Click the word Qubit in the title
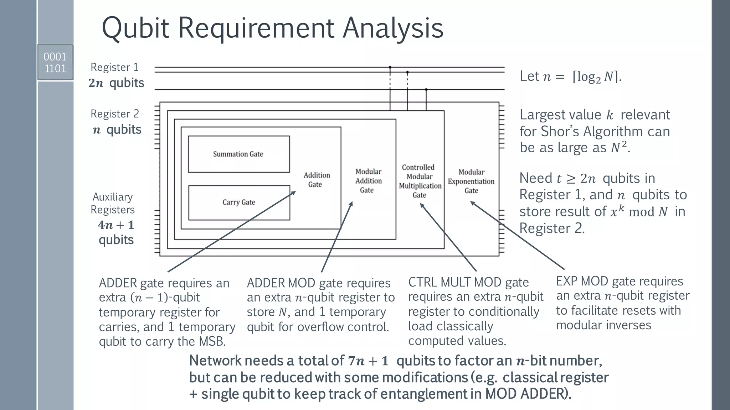(135, 28)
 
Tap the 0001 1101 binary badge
(55, 62)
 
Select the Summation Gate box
(238, 154)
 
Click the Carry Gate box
(239, 202)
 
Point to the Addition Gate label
(316, 180)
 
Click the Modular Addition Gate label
(368, 181)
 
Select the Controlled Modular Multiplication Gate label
(420, 181)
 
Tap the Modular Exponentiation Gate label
(471, 181)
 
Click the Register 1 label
(114, 67)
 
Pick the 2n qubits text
(116, 83)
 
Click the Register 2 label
(114, 114)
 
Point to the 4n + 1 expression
(116, 225)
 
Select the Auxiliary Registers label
(113, 203)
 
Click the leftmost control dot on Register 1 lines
(390, 67)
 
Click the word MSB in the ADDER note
(212, 342)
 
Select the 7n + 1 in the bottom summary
(368, 361)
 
